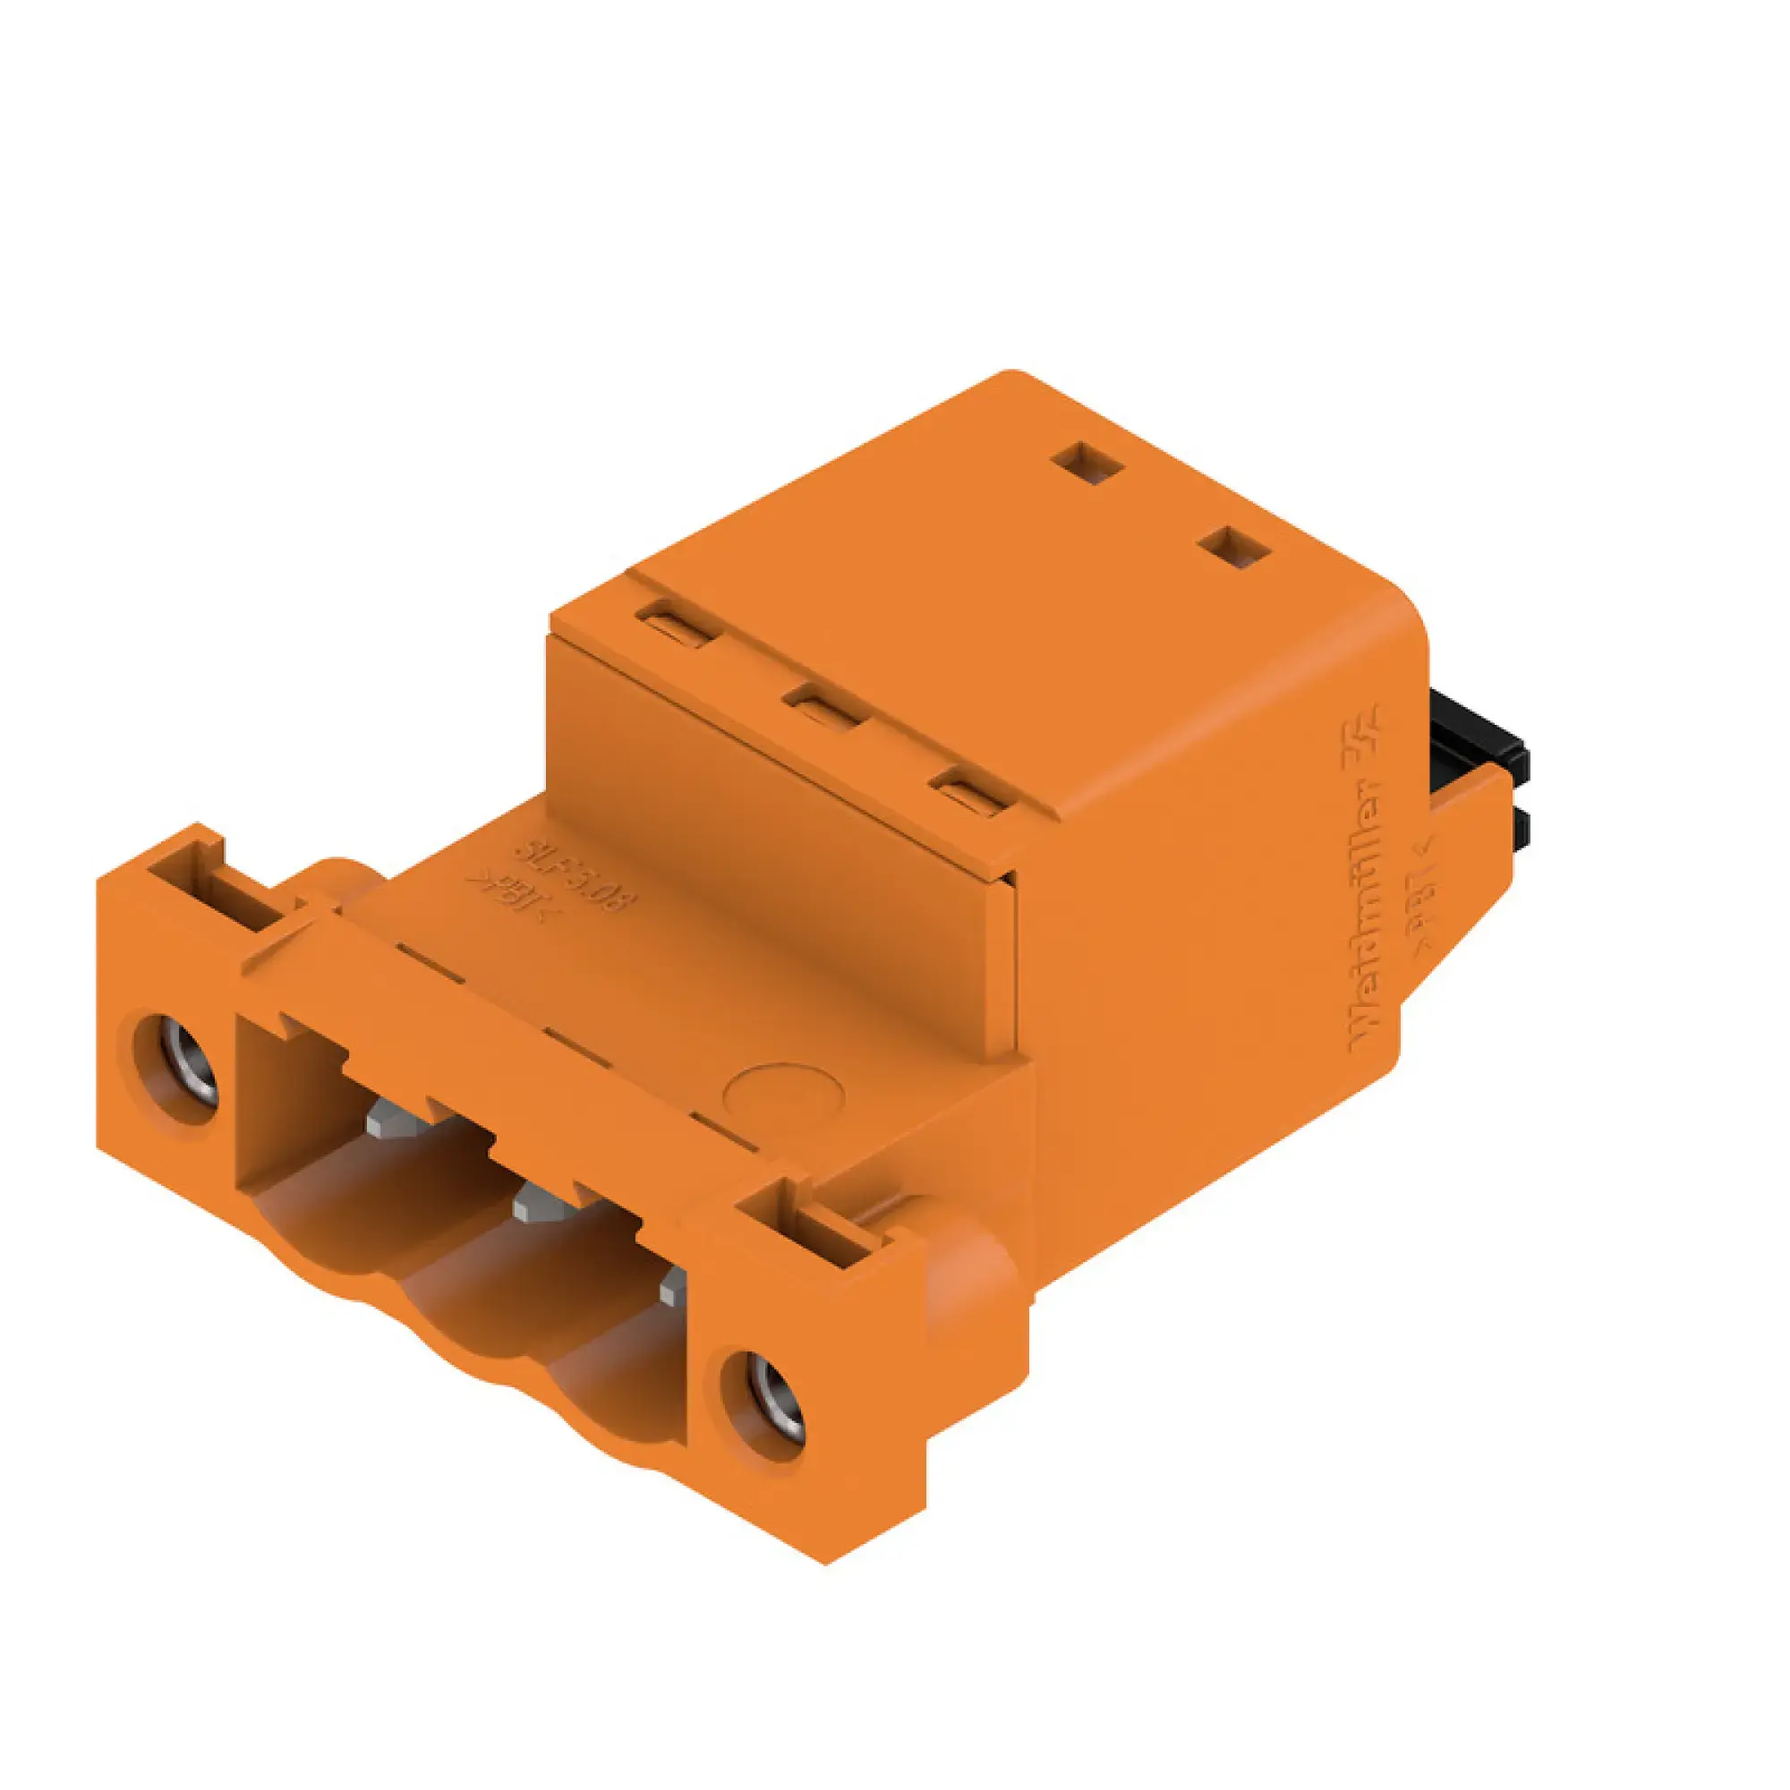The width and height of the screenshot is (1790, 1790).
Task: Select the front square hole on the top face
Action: click(x=1235, y=547)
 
